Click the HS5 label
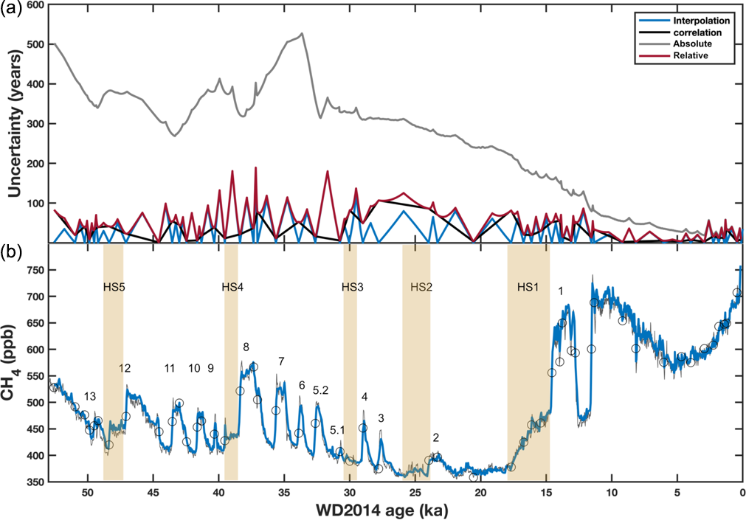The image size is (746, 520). point(113,287)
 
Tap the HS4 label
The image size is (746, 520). point(232,287)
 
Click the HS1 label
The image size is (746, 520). point(528,287)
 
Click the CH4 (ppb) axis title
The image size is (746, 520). point(11,372)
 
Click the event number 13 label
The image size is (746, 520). point(90,396)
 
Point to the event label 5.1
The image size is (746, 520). point(337,430)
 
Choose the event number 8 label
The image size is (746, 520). point(246,347)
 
